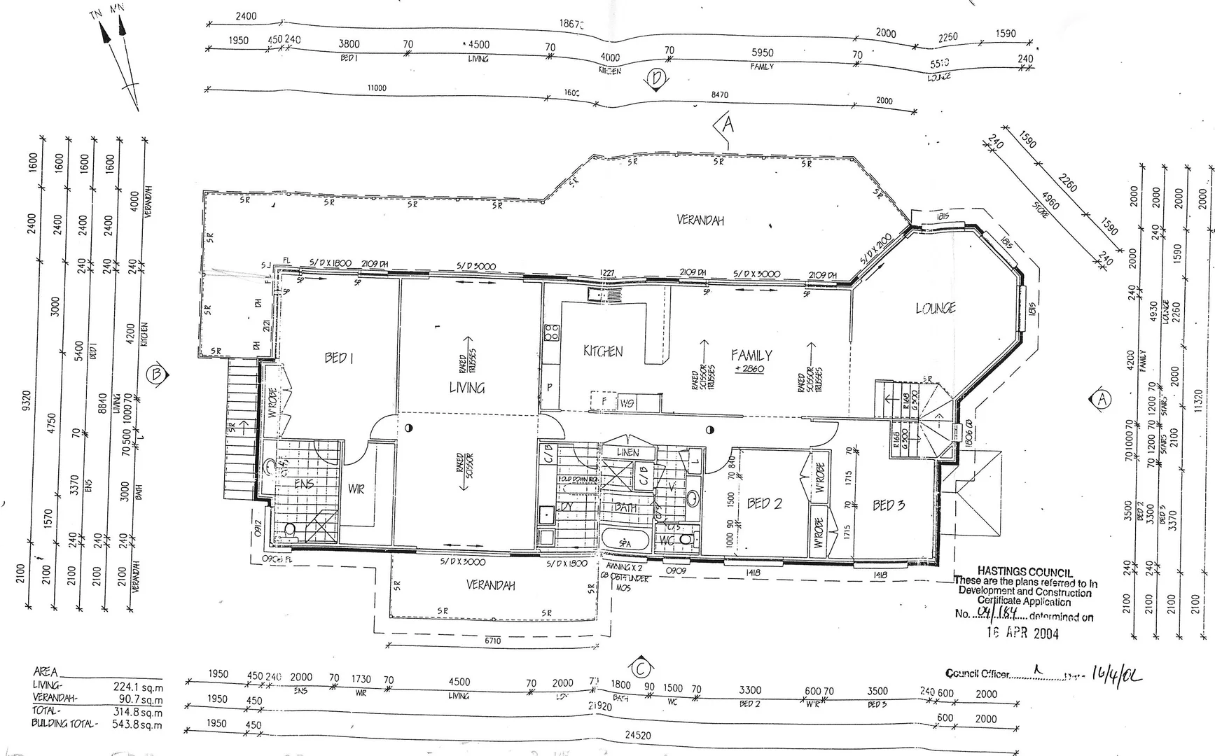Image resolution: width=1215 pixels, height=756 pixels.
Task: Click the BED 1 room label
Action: [339, 358]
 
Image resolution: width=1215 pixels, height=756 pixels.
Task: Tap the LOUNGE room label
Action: [936, 308]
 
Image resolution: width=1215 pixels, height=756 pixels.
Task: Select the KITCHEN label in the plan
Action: [603, 351]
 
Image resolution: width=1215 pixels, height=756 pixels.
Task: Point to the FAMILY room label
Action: [751, 355]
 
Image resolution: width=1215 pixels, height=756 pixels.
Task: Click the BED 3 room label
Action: [889, 505]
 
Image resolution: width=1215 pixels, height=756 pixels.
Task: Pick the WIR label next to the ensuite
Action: [356, 489]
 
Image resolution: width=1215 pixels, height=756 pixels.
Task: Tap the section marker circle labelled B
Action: [156, 374]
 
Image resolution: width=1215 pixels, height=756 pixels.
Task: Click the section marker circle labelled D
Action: [656, 78]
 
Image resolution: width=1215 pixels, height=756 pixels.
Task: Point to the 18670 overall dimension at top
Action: [571, 24]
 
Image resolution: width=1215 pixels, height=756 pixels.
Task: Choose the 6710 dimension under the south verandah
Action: [492, 640]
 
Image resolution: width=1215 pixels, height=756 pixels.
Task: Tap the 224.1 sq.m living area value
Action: [137, 687]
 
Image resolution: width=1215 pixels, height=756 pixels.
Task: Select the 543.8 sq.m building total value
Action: [137, 724]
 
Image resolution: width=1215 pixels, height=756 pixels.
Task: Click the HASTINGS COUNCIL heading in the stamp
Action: [1025, 572]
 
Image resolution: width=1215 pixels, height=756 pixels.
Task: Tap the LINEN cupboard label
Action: [627, 453]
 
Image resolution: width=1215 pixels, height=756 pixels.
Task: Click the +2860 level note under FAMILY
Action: [749, 369]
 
